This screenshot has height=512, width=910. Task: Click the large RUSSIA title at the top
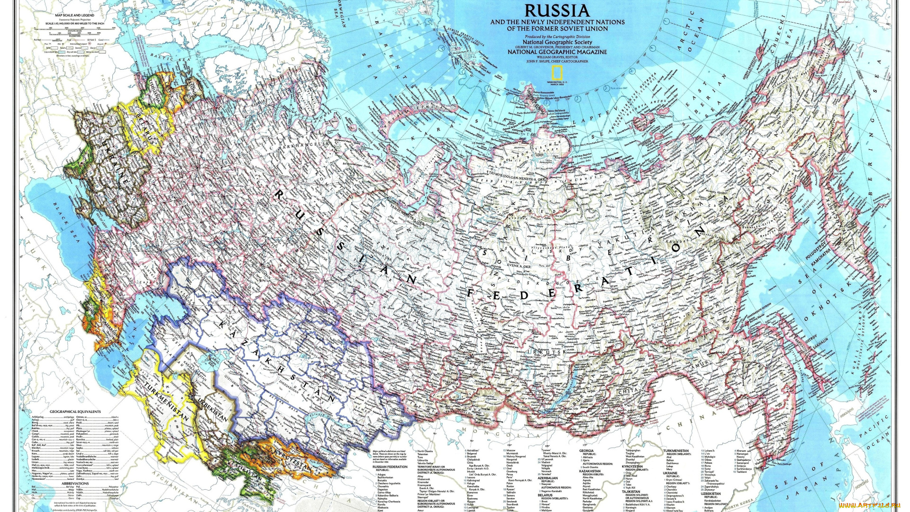pos(557,10)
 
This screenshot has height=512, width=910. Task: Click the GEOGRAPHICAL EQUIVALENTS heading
pos(75,411)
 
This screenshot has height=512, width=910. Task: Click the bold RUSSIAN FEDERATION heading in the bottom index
pos(390,467)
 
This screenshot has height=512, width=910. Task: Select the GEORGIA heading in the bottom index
pos(586,451)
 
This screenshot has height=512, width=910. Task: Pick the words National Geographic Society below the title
pos(557,42)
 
